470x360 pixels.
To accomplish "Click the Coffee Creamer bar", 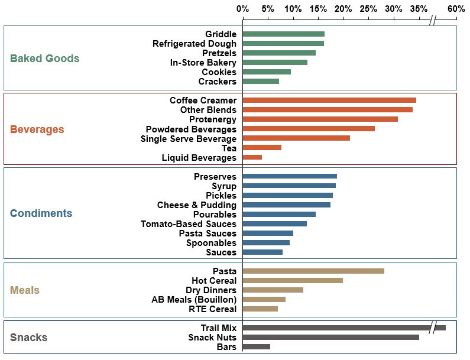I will click(x=329, y=100).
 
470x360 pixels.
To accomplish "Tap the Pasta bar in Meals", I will click(x=313, y=271).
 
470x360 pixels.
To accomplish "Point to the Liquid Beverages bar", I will click(x=252, y=157).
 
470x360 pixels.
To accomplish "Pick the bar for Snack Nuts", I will click(x=330, y=337).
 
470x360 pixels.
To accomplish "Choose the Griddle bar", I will click(x=283, y=34).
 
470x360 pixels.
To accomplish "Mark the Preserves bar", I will click(x=290, y=176).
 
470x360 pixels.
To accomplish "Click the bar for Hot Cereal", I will click(x=293, y=281).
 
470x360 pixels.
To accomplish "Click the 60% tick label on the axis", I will click(x=456, y=9).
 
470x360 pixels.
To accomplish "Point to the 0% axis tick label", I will click(x=242, y=9).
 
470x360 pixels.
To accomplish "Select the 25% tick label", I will click(x=368, y=9).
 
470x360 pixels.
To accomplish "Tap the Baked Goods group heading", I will click(x=45, y=59).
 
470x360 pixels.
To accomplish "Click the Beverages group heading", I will click(x=37, y=129).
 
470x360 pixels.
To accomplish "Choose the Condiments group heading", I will click(x=41, y=213).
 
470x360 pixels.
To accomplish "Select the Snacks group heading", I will click(x=28, y=338).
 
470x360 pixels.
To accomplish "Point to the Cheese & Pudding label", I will click(x=197, y=205).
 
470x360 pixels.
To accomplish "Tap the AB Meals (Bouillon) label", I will click(x=194, y=300).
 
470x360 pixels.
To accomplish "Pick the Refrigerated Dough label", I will click(x=195, y=44).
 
